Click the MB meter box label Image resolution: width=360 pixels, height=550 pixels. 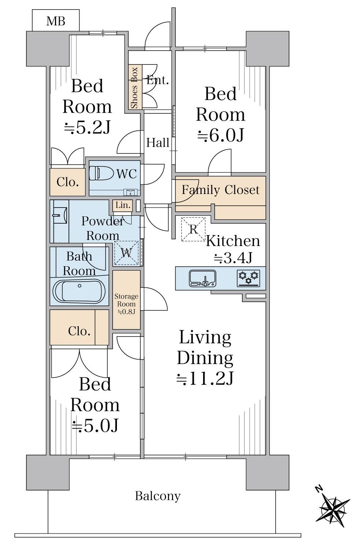[56, 21]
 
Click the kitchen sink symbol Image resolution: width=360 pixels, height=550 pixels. [203, 278]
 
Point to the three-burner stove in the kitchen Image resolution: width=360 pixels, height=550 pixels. [248, 278]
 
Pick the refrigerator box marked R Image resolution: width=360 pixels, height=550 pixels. [193, 229]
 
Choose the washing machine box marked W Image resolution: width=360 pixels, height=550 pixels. [126, 253]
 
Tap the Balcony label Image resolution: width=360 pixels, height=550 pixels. [158, 496]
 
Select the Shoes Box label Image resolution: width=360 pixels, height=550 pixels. [134, 88]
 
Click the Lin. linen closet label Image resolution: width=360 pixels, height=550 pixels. [123, 205]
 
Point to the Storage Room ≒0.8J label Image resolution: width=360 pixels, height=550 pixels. [126, 304]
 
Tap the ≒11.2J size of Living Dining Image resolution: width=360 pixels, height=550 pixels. [205, 378]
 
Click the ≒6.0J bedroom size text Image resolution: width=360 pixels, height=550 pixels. [221, 135]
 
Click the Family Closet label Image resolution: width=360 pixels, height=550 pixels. [220, 190]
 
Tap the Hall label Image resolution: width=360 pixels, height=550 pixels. [158, 142]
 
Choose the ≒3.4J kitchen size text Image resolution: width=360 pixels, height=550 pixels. [233, 257]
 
